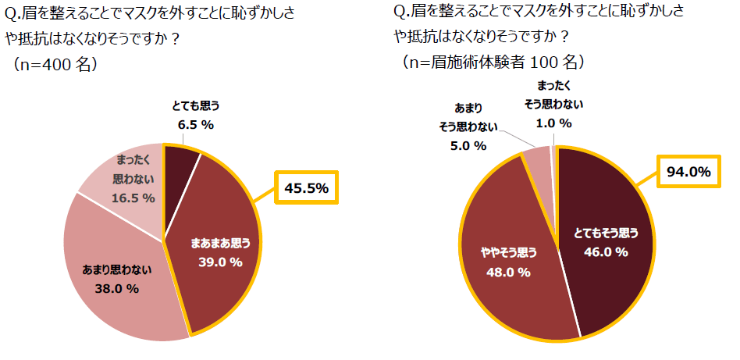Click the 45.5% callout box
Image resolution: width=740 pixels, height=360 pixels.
click(x=308, y=189)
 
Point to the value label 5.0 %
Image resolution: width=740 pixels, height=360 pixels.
click(x=468, y=145)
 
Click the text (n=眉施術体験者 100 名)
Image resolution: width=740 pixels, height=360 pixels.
click(x=492, y=60)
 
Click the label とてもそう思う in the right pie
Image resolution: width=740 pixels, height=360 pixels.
click(x=606, y=233)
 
